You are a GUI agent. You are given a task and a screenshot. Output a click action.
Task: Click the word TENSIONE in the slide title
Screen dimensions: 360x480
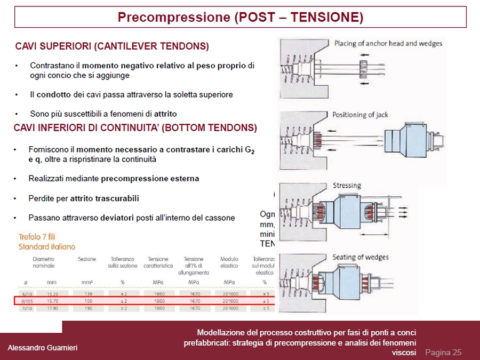[326, 17]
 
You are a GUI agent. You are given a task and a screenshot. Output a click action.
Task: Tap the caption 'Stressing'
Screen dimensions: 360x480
[347, 186]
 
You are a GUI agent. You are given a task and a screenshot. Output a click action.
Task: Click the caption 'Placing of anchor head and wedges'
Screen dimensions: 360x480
[388, 43]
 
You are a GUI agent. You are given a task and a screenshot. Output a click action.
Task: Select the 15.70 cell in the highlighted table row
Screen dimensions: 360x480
[52, 301]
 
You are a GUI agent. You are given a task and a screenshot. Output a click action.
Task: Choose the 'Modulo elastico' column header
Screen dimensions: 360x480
[229, 262]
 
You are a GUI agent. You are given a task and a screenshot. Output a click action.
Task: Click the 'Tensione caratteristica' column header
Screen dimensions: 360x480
[158, 262]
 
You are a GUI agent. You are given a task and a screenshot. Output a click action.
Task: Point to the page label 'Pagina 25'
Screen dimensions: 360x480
[443, 352]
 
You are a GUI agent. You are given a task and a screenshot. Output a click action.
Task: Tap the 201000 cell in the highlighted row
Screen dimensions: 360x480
[229, 301]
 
